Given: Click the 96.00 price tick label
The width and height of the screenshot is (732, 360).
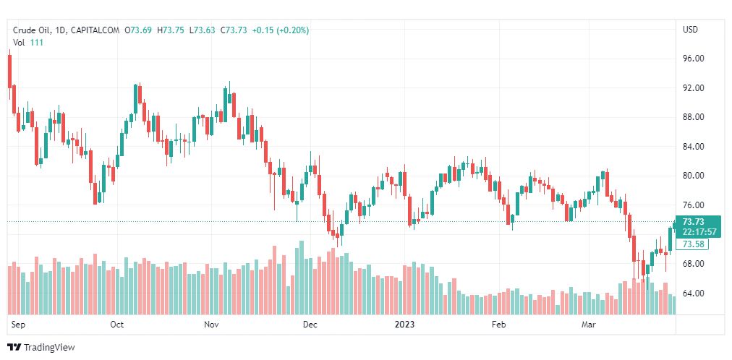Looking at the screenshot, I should (x=693, y=58).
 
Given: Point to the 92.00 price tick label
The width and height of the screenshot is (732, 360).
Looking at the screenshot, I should (x=693, y=87).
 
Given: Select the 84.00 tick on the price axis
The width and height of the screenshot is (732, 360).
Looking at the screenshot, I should (x=693, y=146).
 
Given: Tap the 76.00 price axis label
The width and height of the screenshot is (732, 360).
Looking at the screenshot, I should (x=693, y=205).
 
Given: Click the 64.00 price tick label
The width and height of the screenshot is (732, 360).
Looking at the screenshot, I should (x=693, y=293).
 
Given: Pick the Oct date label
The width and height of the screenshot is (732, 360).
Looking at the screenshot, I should (x=116, y=325).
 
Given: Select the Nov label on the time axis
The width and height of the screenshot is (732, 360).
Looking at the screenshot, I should (x=211, y=325).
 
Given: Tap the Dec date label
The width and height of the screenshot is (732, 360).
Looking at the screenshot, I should (x=310, y=325).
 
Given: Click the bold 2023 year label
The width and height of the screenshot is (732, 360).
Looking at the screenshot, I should (x=404, y=325).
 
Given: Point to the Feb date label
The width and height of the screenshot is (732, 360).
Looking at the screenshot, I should (x=498, y=325).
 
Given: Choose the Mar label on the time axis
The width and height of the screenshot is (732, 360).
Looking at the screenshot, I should (x=590, y=325).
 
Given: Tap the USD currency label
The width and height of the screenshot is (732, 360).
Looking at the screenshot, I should (x=690, y=30).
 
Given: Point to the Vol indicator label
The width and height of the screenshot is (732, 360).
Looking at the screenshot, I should (x=19, y=43).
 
